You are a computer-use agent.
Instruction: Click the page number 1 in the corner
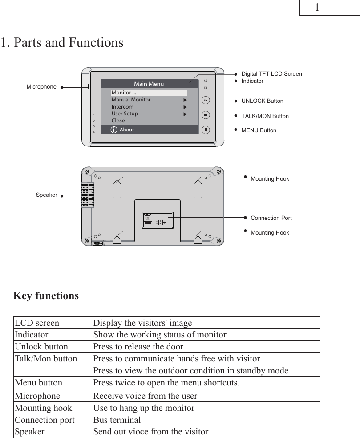317,8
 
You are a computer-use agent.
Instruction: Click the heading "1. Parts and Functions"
62,43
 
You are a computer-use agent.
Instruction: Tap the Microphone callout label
41,87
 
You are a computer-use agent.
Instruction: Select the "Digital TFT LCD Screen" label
271,74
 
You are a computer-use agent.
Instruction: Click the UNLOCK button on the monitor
206,100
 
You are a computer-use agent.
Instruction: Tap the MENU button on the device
206,130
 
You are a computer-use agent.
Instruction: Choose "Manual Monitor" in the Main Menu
131,100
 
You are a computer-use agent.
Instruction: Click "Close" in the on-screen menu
118,121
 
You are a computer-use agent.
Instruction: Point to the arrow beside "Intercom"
185,107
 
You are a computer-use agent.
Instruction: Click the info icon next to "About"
114,130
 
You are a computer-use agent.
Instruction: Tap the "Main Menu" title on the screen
149,84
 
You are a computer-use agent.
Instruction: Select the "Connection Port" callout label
271,218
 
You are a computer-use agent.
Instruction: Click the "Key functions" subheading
46,296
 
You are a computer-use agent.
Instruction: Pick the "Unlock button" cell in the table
41,347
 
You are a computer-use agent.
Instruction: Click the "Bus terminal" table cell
117,420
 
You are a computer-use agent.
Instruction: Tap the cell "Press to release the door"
138,347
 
